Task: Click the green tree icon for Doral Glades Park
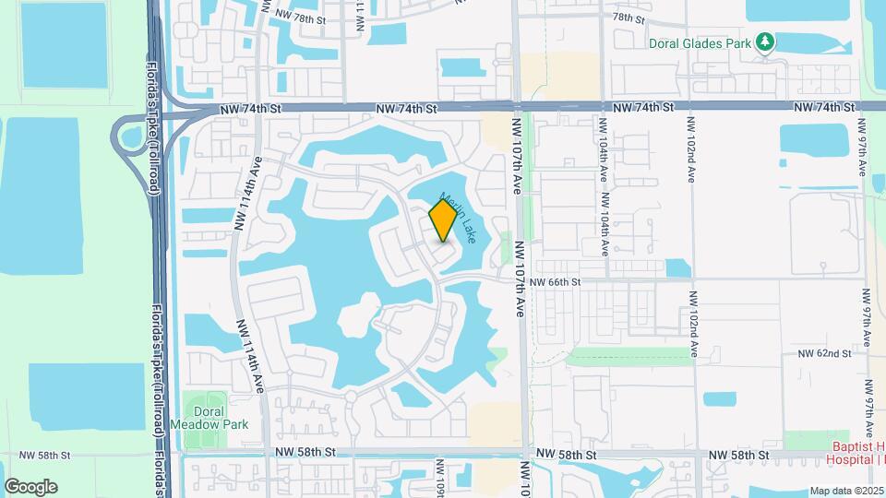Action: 764,42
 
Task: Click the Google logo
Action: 30,487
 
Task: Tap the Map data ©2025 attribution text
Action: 845,492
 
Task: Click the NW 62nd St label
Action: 823,353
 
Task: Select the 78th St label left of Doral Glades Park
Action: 627,17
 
